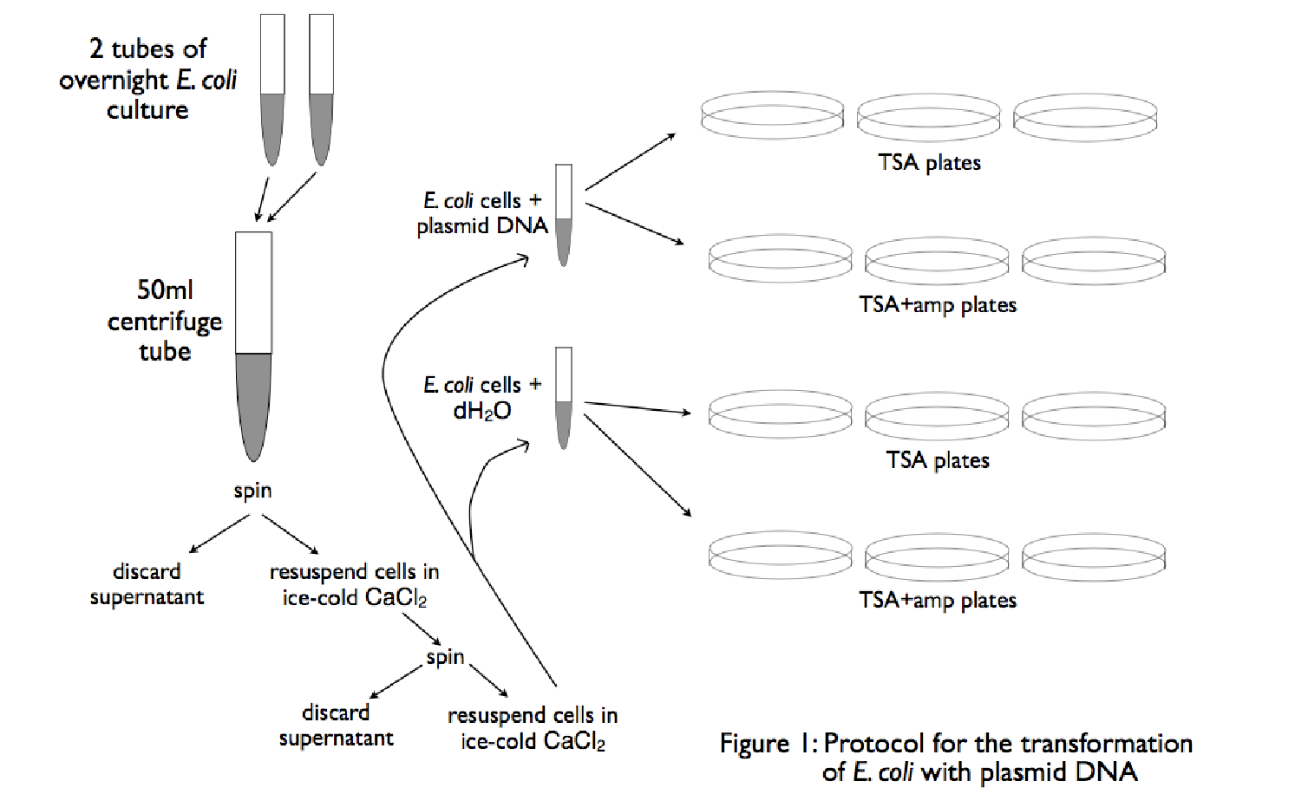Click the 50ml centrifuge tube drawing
(x=253, y=347)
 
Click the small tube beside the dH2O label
(x=564, y=398)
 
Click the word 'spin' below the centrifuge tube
(x=252, y=491)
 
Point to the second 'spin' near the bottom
(x=445, y=657)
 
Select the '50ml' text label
(x=165, y=290)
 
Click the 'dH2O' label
(x=482, y=411)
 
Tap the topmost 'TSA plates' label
(x=929, y=163)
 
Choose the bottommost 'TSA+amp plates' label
(x=938, y=600)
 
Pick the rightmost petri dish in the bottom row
(x=1094, y=556)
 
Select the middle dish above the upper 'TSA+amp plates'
(x=937, y=260)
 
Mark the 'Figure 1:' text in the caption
(x=768, y=744)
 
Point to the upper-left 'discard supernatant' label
(x=147, y=584)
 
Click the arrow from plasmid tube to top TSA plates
(x=631, y=161)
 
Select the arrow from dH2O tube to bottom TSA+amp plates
(x=638, y=465)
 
